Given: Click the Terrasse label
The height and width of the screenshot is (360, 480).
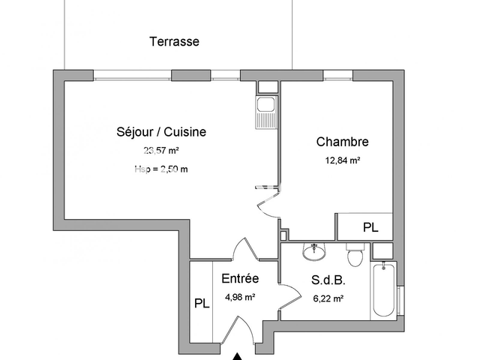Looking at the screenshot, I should [x=174, y=42].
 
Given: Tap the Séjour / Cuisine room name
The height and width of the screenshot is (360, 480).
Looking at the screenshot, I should [x=161, y=132].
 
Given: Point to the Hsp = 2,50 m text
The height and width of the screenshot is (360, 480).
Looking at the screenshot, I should [x=161, y=169].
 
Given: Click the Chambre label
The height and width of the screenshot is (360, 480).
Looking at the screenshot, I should [x=342, y=142].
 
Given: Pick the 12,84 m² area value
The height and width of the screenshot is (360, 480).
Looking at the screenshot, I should [x=342, y=160].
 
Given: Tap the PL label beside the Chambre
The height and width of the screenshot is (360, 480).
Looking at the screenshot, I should [x=370, y=227].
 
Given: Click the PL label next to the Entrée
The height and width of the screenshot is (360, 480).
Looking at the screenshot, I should [x=201, y=304].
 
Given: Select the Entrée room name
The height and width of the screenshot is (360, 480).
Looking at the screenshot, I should [x=240, y=279].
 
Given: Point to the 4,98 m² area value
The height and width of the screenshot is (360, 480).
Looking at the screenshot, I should [x=240, y=297].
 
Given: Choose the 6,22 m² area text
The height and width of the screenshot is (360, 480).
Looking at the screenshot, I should [x=327, y=298].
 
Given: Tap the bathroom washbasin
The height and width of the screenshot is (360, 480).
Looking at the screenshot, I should [x=313, y=252].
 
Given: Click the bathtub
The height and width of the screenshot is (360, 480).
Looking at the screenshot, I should [x=384, y=289].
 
